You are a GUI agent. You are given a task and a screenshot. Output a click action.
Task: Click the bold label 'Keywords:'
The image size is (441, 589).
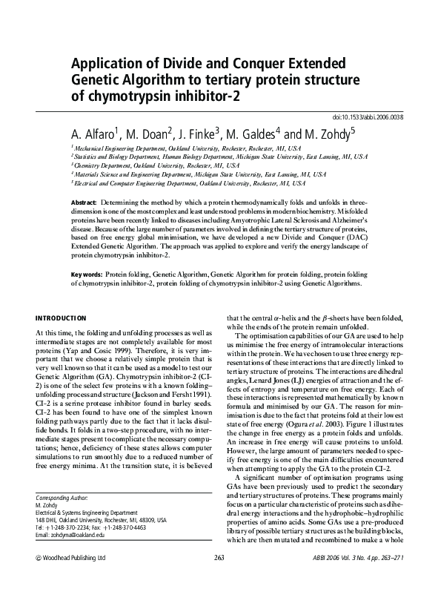click(86, 274)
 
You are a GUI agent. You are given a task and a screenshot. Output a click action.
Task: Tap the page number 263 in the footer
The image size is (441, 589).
click(219, 578)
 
